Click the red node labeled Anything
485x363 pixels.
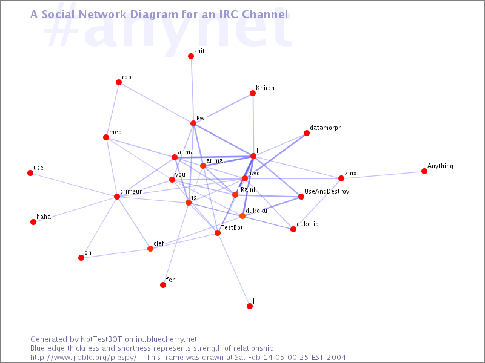click(424, 171)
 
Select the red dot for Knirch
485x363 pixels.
click(253, 93)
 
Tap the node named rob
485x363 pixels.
click(119, 82)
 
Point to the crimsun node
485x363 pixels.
click(117, 197)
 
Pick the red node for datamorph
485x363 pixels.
click(307, 133)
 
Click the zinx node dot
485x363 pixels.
click(341, 178)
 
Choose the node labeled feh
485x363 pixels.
click(163, 285)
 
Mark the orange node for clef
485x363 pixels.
click(150, 249)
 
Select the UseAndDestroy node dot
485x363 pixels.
click(301, 197)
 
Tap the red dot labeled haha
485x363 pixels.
click(33, 222)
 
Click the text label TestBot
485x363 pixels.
click(232, 228)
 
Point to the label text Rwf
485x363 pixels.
click(202, 118)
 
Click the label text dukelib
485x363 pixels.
click(307, 224)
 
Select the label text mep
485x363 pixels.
click(115, 132)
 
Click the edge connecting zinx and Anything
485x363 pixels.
click(383, 175)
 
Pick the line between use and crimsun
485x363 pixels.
click(73, 185)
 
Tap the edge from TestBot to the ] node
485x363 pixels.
click(233, 269)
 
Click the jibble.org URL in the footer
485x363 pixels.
click(84, 358)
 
